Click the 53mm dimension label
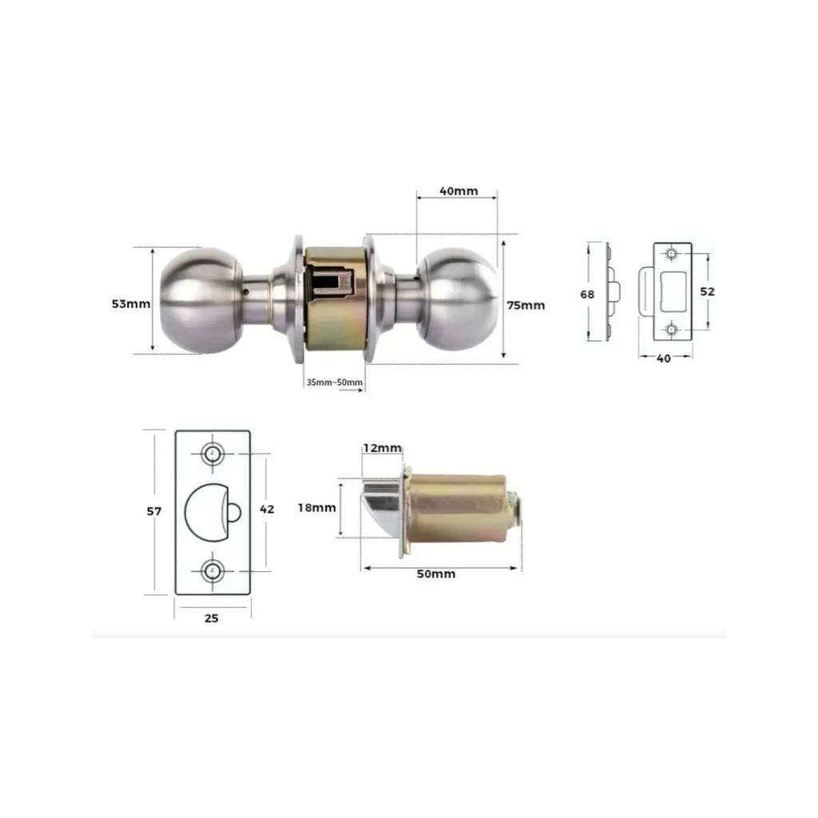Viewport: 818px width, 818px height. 131,304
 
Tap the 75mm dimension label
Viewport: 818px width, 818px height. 526,305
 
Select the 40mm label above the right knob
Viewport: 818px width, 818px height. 459,191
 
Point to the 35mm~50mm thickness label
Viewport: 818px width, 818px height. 335,383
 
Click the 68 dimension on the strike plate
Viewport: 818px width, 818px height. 587,294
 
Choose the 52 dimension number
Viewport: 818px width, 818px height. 708,292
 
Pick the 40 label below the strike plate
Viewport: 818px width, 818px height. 664,359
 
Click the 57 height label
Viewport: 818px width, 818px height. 154,511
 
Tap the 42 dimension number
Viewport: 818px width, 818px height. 267,509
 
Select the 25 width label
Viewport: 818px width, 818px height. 211,618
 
